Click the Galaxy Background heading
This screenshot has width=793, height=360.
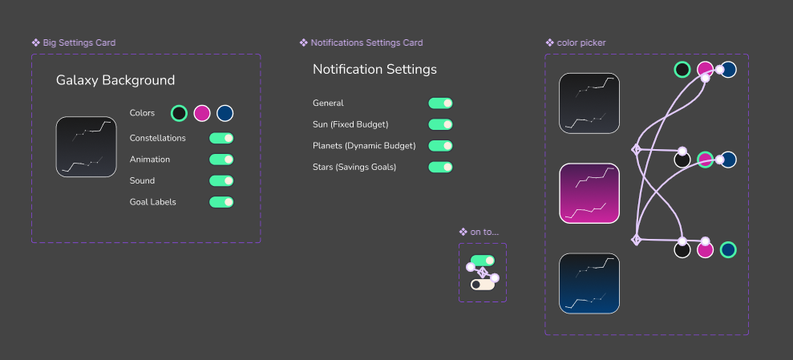click(115, 80)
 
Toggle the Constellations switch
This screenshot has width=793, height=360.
click(221, 138)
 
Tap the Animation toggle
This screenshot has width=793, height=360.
click(221, 160)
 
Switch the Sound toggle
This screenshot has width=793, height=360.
click(221, 180)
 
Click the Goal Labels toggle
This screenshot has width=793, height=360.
click(221, 202)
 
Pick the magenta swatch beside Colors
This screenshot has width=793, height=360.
click(202, 113)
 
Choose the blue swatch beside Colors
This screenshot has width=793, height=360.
click(225, 113)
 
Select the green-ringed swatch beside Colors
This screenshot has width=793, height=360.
click(179, 113)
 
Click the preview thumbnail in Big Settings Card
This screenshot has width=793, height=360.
click(86, 147)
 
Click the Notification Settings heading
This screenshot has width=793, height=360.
click(374, 70)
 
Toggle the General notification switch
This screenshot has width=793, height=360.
click(440, 103)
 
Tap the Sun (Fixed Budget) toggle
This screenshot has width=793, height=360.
click(440, 124)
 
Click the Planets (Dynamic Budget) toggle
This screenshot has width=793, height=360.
click(440, 146)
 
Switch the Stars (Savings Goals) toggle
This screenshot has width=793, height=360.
click(440, 167)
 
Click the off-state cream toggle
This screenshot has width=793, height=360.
click(482, 284)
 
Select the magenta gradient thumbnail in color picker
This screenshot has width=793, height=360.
click(589, 193)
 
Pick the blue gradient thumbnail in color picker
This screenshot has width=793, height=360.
click(589, 283)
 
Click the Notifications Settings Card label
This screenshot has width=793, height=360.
click(366, 42)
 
